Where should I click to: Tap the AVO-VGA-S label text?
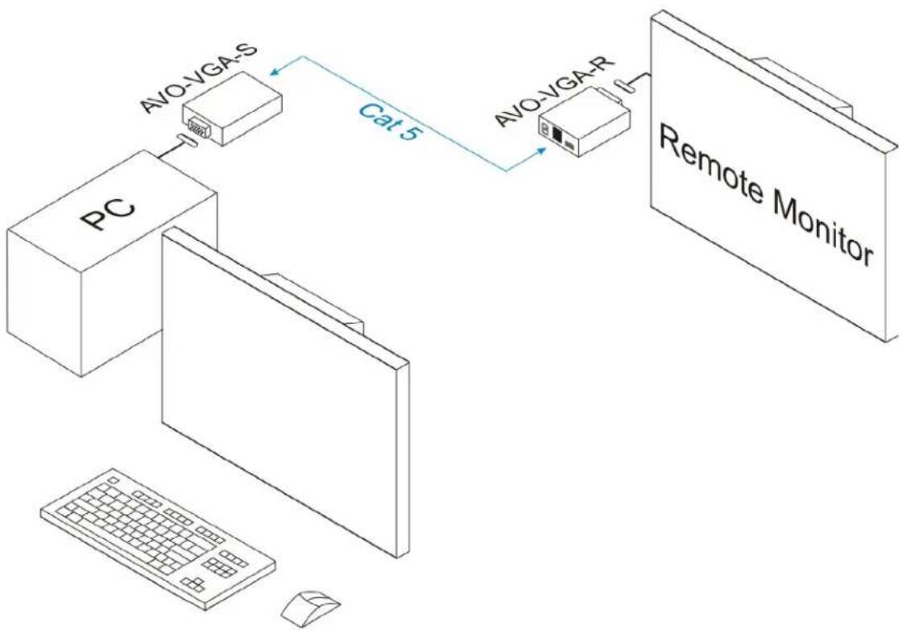(x=199, y=77)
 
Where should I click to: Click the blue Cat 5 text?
(x=387, y=122)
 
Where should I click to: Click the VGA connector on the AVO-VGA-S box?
(x=195, y=126)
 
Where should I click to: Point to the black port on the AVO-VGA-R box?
(x=557, y=135)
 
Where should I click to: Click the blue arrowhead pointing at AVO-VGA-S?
(x=275, y=71)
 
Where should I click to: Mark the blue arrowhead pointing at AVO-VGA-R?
(x=541, y=151)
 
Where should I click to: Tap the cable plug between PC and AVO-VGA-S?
(x=187, y=140)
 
